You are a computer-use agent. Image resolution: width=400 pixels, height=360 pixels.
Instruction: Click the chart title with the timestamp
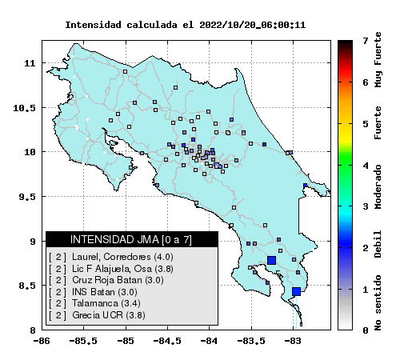tap(186, 25)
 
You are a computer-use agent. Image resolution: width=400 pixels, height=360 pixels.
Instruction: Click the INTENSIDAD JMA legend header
tap(131, 239)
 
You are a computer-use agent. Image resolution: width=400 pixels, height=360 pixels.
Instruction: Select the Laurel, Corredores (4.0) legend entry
tap(111, 257)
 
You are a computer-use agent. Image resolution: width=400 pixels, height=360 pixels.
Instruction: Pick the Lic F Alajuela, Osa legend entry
tap(111, 269)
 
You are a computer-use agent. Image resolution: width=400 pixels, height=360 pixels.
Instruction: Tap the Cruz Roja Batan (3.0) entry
tap(106, 280)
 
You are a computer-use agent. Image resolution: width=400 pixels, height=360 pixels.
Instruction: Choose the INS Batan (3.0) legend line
tap(93, 292)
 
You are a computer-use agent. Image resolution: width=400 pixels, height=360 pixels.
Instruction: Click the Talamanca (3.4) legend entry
tap(94, 303)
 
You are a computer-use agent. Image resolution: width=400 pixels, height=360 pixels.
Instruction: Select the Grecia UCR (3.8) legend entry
tap(97, 315)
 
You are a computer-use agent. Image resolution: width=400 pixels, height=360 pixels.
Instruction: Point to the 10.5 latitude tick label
tap(24, 108)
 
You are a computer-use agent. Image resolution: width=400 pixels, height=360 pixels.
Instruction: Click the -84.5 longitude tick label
tap(167, 341)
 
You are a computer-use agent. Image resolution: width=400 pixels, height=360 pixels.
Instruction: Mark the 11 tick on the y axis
tap(30, 63)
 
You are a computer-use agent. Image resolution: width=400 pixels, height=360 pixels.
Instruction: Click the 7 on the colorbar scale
tap(366, 41)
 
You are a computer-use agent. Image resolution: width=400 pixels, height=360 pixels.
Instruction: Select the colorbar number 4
tap(366, 166)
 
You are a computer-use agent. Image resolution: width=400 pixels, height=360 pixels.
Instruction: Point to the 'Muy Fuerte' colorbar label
tap(378, 60)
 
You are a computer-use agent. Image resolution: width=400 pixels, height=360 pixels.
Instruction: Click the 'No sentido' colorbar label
tap(378, 303)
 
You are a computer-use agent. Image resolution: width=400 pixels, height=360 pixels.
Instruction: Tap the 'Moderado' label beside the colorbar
tap(378, 186)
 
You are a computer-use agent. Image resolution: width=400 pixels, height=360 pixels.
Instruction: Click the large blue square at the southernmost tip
tap(296, 291)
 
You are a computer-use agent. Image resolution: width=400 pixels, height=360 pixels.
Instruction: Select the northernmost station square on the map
tap(125, 71)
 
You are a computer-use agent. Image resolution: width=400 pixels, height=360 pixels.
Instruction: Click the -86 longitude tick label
tap(42, 341)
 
